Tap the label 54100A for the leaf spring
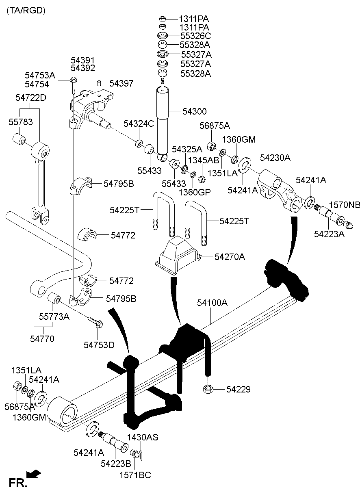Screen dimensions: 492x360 (213, 303)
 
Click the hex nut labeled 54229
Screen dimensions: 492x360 (207, 390)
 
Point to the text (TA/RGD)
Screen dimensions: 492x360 (26, 11)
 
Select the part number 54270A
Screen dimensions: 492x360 (230, 257)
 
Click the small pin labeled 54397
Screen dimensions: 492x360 (99, 83)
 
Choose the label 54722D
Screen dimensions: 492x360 (31, 98)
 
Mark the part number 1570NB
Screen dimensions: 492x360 (345, 205)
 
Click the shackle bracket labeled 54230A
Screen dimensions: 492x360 (280, 189)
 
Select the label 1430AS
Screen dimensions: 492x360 (143, 438)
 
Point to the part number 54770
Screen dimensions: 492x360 (42, 338)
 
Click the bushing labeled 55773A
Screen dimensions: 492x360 (54, 299)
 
